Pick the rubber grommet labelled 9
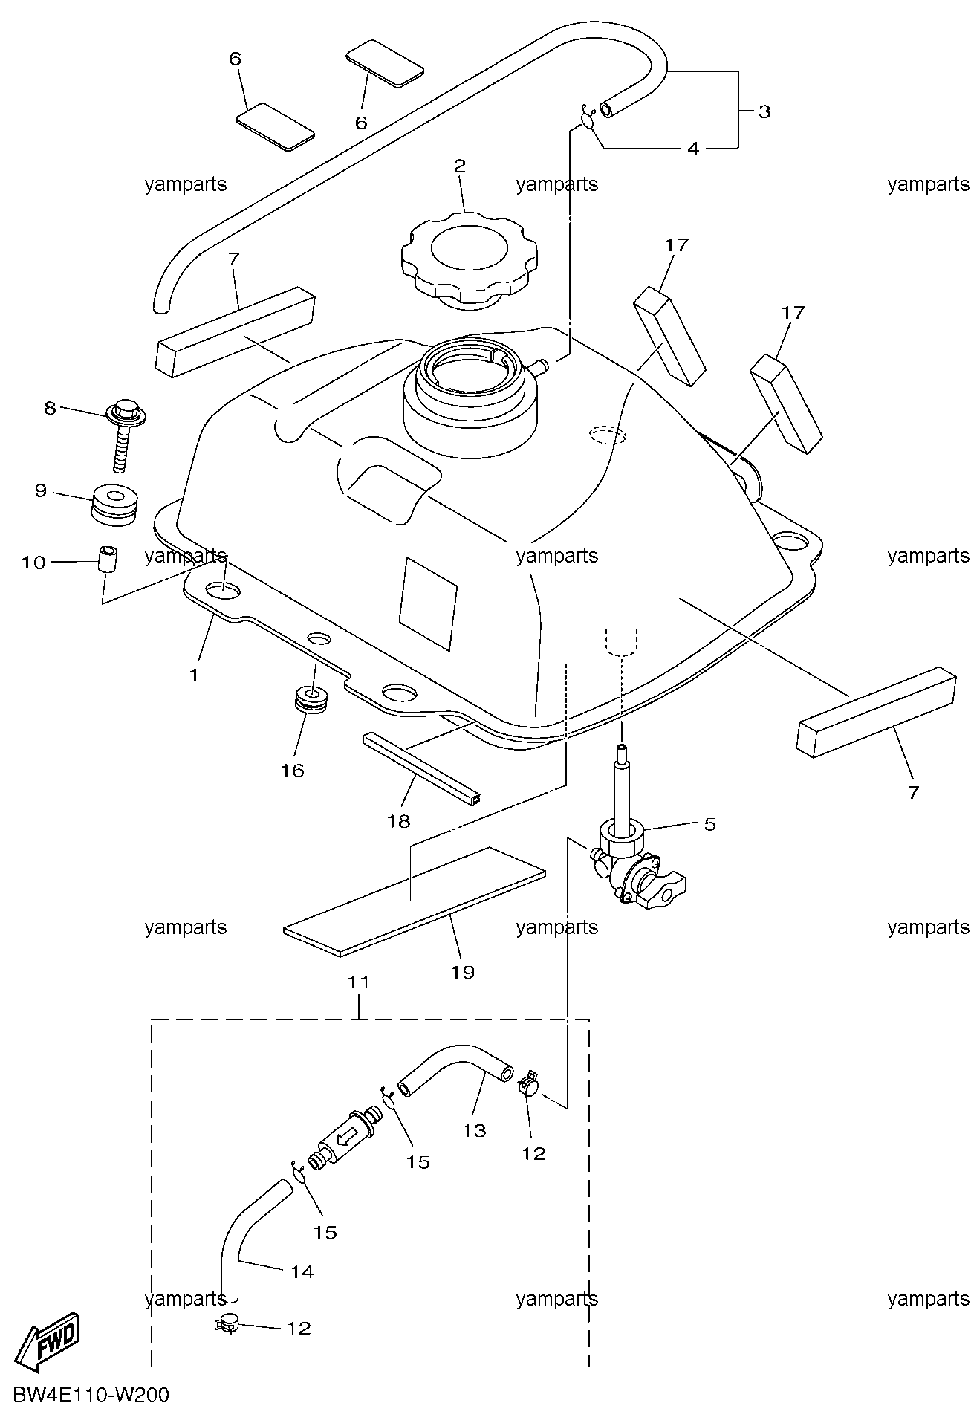[x=115, y=505]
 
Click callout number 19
[x=463, y=971]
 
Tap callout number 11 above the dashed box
[x=359, y=982]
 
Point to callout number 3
[x=764, y=111]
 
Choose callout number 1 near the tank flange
[x=194, y=675]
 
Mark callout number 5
[x=709, y=823]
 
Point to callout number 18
[x=398, y=820]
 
